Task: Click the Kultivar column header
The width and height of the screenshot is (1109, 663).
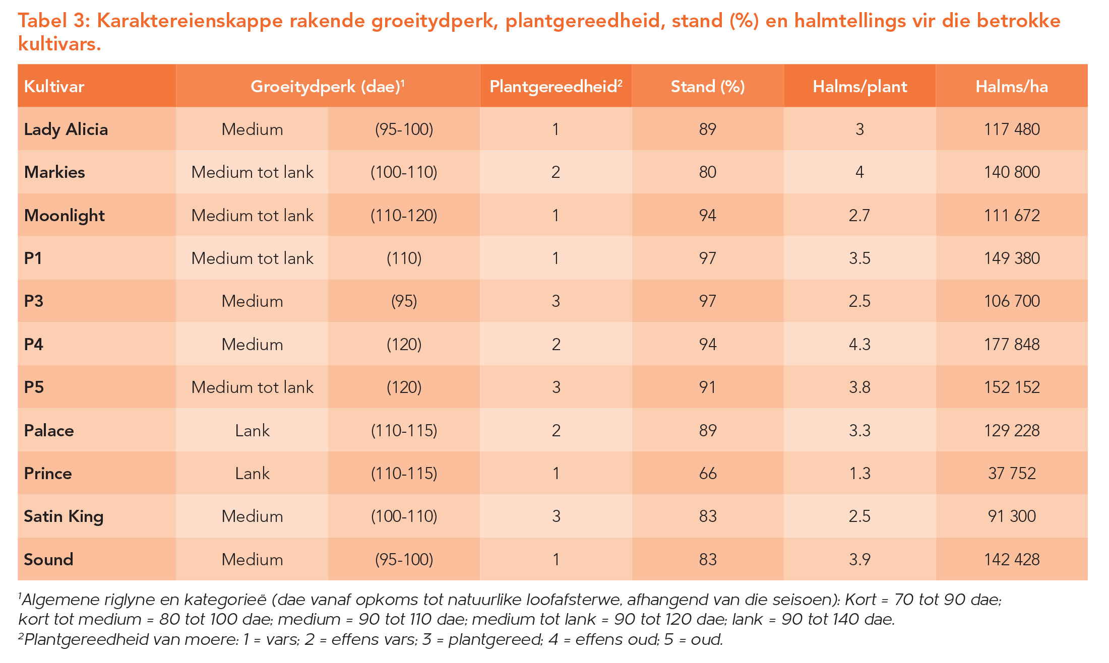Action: pyautogui.click(x=54, y=87)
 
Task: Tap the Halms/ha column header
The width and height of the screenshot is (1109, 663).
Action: pyautogui.click(x=1011, y=87)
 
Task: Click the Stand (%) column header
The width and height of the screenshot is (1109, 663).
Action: pyautogui.click(x=708, y=87)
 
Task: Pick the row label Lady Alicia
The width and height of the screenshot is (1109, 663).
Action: pyautogui.click(x=66, y=129)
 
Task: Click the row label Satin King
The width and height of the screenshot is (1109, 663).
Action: pyautogui.click(x=64, y=516)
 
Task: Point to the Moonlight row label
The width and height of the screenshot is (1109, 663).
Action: pyautogui.click(x=65, y=216)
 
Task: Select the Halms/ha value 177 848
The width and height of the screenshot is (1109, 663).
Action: pyautogui.click(x=1012, y=345)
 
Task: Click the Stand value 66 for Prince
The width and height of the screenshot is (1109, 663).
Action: pyautogui.click(x=708, y=474)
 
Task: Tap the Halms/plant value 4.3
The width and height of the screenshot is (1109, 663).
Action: pyautogui.click(x=859, y=345)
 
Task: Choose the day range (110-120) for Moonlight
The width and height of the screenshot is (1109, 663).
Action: pyautogui.click(x=404, y=216)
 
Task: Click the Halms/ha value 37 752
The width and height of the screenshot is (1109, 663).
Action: pyautogui.click(x=1012, y=474)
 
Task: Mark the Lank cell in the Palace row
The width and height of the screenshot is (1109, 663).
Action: pyautogui.click(x=252, y=431)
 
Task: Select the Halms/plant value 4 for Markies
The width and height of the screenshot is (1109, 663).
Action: pyautogui.click(x=859, y=172)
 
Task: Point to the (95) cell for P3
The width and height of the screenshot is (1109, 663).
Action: pyautogui.click(x=404, y=301)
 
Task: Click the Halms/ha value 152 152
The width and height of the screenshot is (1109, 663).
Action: pyautogui.click(x=1012, y=387)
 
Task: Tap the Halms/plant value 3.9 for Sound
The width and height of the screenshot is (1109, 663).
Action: pyautogui.click(x=859, y=560)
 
